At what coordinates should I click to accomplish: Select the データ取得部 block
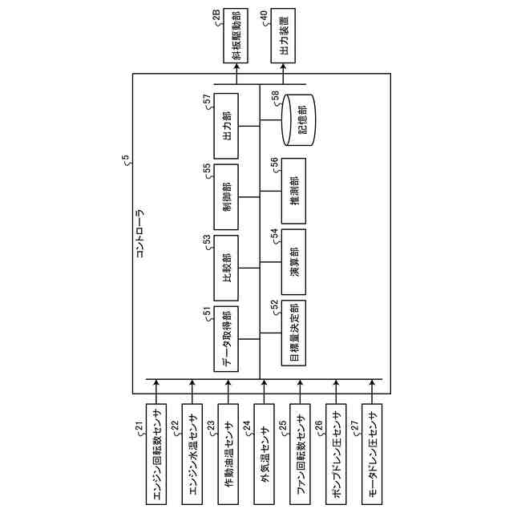(x=227, y=339)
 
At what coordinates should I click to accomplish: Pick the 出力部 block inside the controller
(x=227, y=125)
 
